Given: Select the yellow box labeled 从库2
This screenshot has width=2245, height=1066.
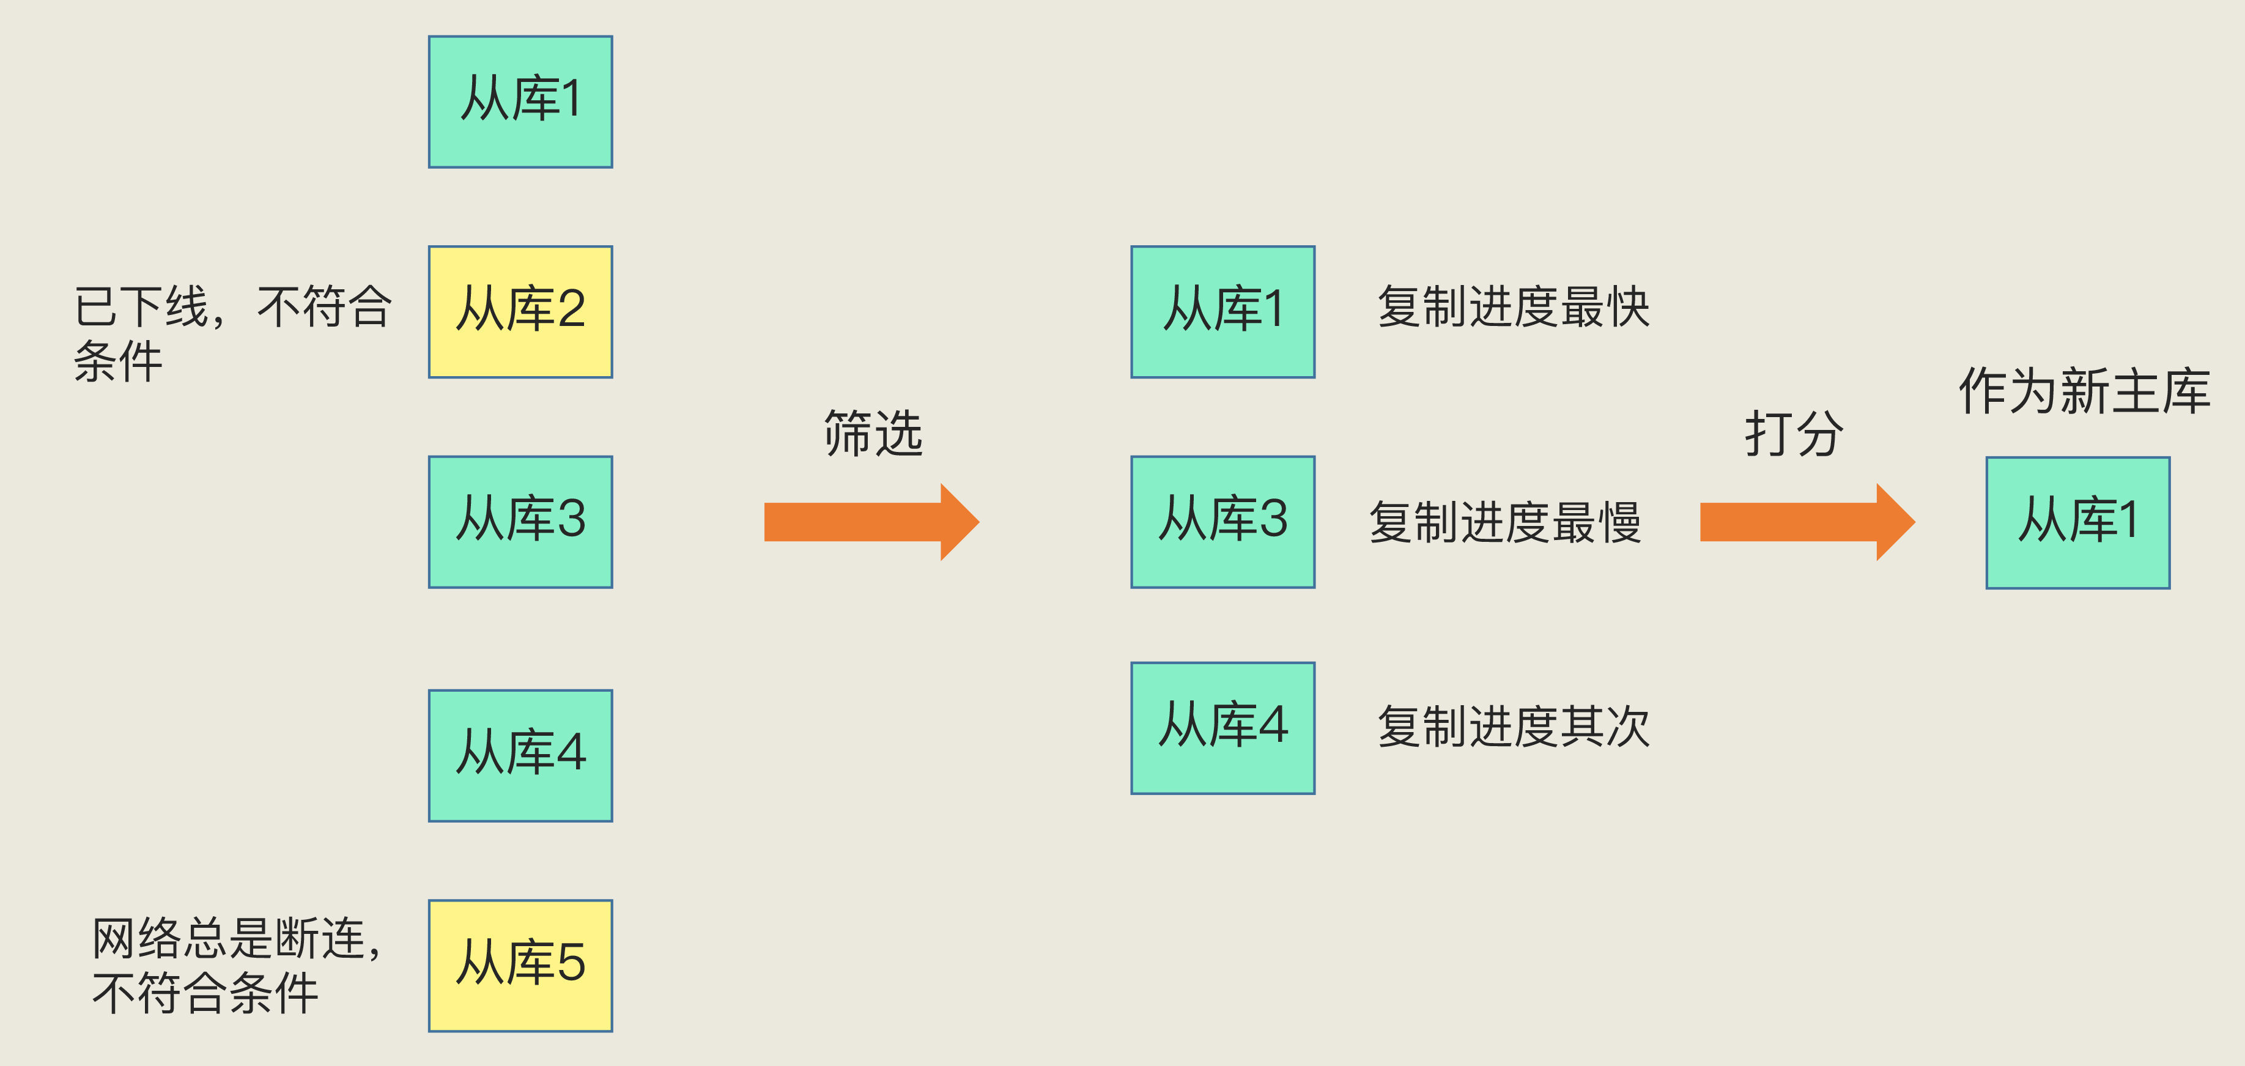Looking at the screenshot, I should (x=520, y=312).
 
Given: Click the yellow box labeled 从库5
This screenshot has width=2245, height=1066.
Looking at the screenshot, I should (x=520, y=966).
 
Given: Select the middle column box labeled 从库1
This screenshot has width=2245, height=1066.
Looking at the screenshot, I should (x=1222, y=312).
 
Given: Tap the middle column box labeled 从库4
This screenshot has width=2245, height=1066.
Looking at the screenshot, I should (x=1222, y=728).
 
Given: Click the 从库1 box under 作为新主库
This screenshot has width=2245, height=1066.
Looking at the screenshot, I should (x=2077, y=523).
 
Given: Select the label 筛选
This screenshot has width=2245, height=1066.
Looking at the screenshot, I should (x=873, y=433).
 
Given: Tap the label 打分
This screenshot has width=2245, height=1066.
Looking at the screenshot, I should (x=1794, y=433).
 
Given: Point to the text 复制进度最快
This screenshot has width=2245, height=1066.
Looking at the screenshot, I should (x=1513, y=308).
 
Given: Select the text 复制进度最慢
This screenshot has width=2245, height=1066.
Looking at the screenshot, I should (x=1505, y=523).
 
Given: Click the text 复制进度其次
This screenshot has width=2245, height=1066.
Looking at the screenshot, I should (x=1513, y=727).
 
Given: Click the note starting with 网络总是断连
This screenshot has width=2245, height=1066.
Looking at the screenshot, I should (x=235, y=966).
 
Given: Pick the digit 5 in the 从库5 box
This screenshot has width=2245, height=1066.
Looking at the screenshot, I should (x=570, y=963).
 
